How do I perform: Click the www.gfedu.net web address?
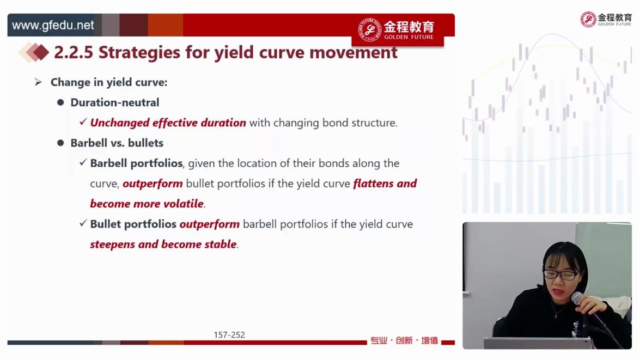pos(53,25)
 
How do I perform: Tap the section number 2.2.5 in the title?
pos(74,52)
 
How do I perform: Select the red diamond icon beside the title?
pos(40,52)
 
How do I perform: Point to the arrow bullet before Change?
pos(38,82)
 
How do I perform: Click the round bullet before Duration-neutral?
pos(60,102)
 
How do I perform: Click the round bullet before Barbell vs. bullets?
pos(60,143)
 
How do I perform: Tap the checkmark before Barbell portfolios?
pos(83,162)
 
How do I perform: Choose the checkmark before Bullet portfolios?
pos(83,223)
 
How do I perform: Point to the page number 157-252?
pos(229,335)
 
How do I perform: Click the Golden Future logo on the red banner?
pos(396,30)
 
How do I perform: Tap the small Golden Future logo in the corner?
pos(606,19)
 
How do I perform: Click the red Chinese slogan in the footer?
pos(404,340)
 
